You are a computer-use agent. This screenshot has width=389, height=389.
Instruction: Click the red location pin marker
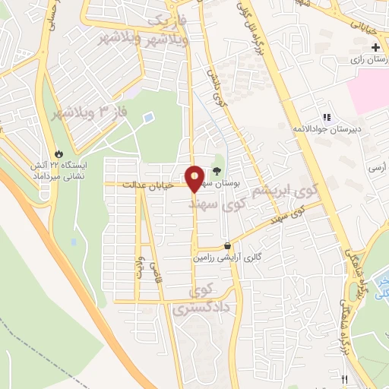194,178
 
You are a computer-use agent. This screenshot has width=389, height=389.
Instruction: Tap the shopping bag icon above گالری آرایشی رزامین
228,246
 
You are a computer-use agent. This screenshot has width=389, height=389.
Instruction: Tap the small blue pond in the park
148,118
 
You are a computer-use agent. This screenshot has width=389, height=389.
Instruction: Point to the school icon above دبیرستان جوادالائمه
327,117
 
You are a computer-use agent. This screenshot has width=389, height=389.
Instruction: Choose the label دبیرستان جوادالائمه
327,129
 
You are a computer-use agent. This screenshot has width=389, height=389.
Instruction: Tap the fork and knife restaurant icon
343,378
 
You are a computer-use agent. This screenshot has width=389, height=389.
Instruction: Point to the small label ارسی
377,165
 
